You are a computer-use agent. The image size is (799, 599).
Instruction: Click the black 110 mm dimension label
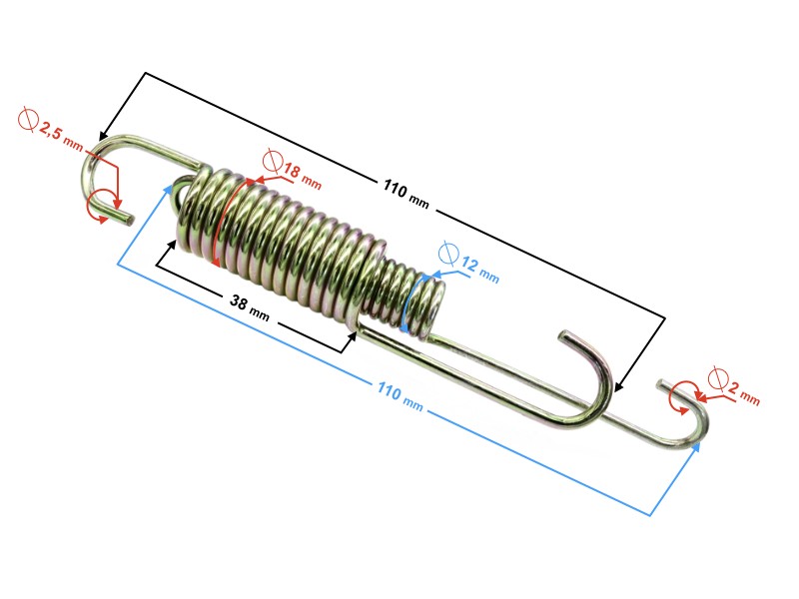point(405,193)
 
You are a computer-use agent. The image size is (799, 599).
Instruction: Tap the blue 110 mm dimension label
point(400,395)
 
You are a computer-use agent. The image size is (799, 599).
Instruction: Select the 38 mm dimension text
point(249,307)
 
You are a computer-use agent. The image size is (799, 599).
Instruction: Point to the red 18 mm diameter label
point(303,176)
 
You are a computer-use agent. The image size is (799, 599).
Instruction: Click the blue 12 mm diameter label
point(480,270)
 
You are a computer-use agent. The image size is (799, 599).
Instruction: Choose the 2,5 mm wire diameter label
point(61,136)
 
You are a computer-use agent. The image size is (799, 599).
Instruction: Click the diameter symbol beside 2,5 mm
point(29,120)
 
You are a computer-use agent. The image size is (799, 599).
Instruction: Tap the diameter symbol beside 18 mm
point(273,162)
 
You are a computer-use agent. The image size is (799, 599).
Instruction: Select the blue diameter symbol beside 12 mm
point(448,254)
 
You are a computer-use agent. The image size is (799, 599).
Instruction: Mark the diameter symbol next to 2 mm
point(717,378)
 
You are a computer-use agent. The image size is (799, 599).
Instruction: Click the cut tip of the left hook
point(131,220)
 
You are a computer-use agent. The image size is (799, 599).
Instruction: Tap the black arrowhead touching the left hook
point(104,134)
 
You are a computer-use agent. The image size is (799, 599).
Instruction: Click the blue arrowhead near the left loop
point(167,190)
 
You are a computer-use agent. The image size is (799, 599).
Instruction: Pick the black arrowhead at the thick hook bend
point(619,385)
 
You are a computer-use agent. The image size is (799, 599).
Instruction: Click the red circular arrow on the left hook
point(100,207)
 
